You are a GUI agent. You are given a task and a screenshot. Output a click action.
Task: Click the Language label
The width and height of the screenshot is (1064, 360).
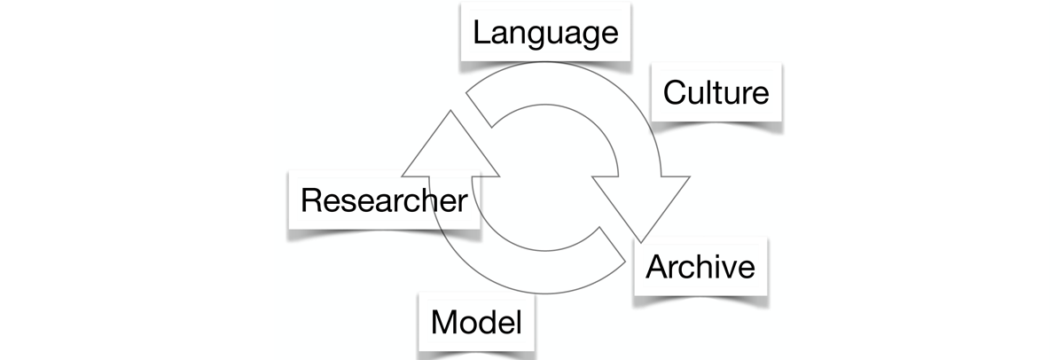(x=544, y=34)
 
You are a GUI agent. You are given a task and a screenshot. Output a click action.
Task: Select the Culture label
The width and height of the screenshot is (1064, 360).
(x=716, y=91)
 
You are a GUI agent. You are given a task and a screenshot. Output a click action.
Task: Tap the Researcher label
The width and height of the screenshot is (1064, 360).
(x=383, y=200)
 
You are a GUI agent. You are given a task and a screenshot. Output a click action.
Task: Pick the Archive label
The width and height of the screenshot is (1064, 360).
(x=700, y=266)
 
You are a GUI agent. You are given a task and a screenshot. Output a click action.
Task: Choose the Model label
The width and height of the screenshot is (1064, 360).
(x=476, y=322)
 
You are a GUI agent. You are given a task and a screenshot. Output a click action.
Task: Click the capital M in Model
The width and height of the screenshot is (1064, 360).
(x=444, y=322)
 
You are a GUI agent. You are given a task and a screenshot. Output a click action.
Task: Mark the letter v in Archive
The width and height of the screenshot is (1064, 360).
(x=721, y=268)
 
